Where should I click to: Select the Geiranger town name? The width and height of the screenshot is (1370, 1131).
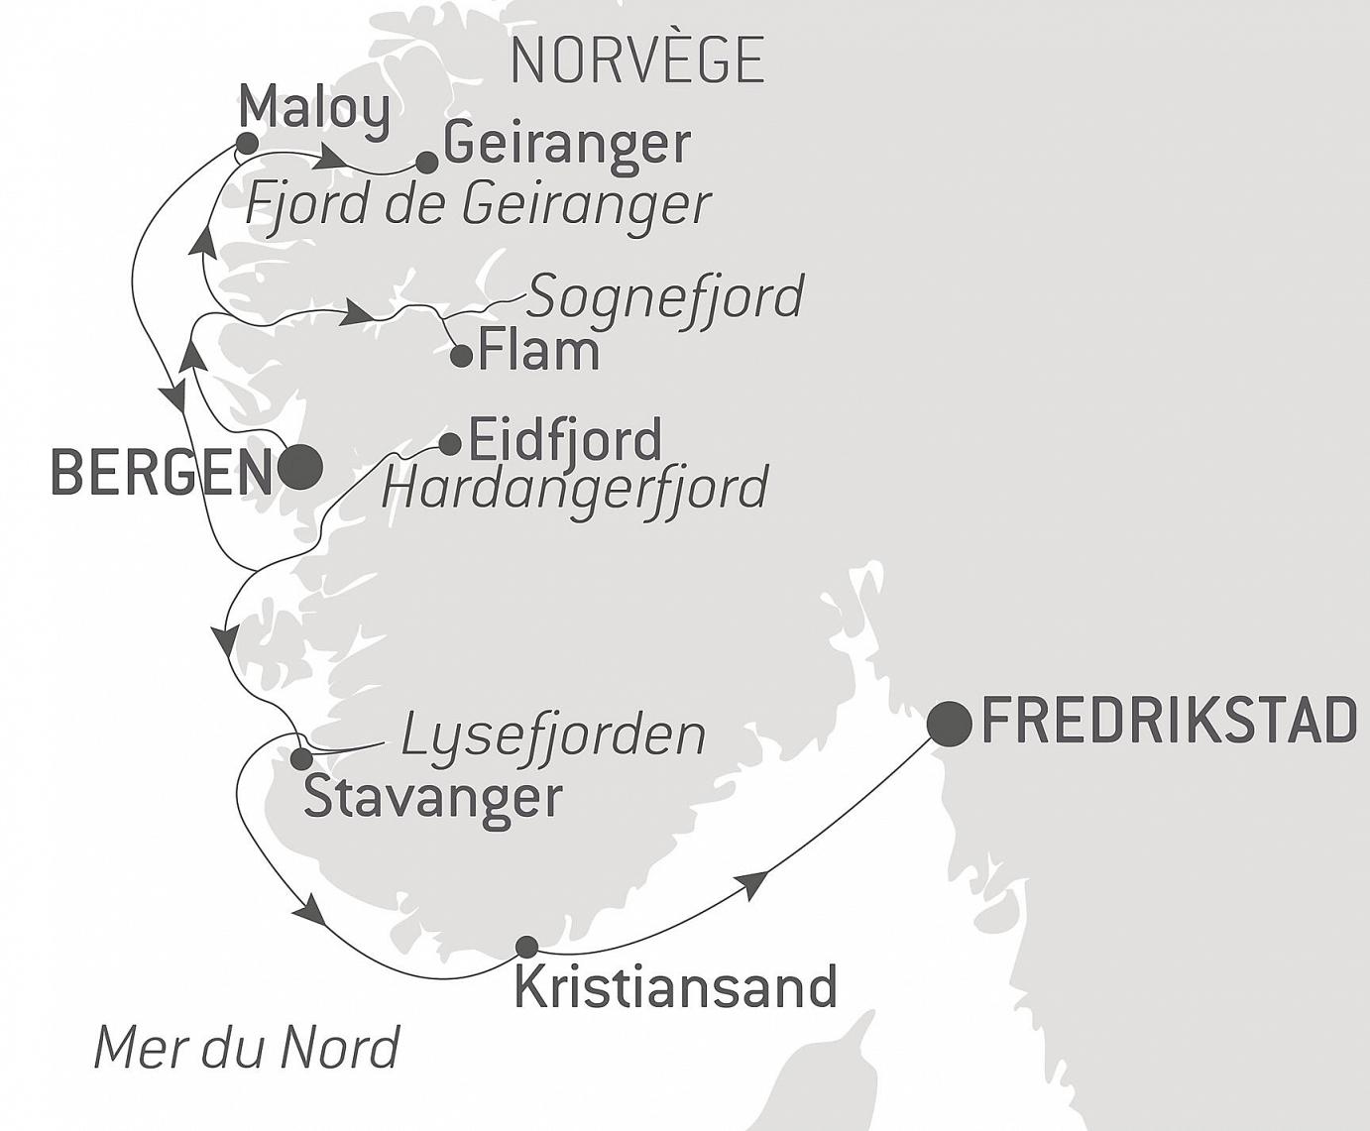[566, 144]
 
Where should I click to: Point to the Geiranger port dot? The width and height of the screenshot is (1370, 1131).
[426, 162]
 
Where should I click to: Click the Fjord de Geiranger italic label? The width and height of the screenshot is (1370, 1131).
[478, 205]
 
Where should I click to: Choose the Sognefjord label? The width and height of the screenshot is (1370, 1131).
[664, 296]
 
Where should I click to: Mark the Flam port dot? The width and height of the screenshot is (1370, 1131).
[461, 355]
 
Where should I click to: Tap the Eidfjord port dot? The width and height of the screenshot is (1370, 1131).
[449, 442]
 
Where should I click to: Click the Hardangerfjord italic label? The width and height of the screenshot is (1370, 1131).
[575, 487]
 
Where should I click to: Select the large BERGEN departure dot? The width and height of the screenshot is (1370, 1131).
[300, 467]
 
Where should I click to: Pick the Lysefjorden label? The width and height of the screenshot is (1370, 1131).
[553, 735]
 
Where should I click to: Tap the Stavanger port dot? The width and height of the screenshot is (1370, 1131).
[300, 759]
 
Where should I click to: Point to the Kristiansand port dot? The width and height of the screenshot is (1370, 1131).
[527, 946]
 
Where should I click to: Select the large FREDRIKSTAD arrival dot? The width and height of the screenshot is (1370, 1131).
[949, 724]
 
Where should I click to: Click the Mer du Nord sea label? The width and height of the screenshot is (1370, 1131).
[247, 1047]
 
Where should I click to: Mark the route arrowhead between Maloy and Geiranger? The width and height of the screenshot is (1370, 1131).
[333, 159]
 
